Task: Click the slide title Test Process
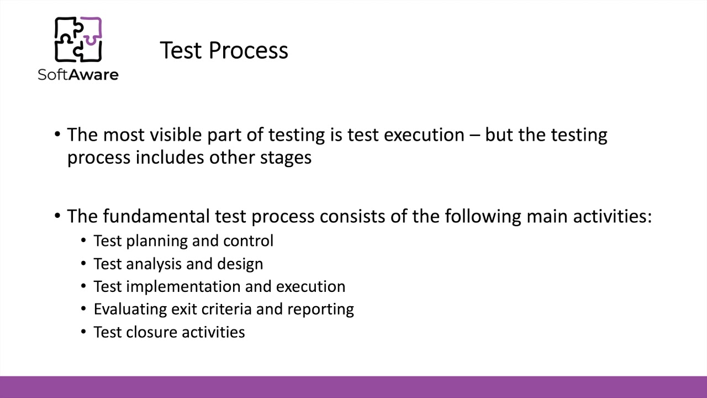pos(224,50)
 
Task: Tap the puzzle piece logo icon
pos(78,40)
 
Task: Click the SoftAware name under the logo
pos(78,74)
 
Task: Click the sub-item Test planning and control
pos(183,241)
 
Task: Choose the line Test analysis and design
pos(178,264)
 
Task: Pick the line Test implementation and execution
pos(219,286)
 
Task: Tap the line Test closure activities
pos(169,332)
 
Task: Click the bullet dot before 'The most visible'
pos(58,135)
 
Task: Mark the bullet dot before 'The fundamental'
pos(58,216)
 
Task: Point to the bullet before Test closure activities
pos(83,332)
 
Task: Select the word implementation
pos(183,286)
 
